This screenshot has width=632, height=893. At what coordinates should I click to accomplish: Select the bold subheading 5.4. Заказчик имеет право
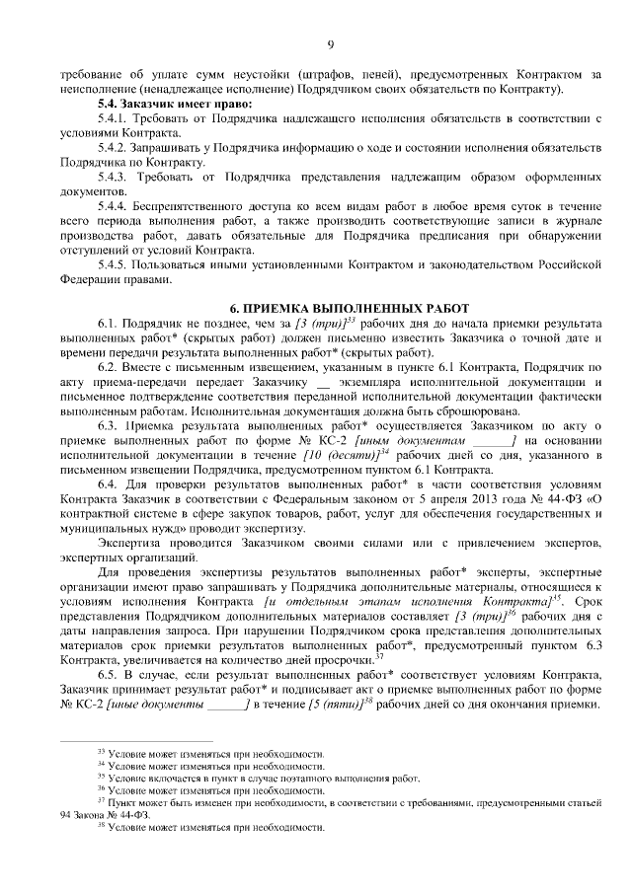(172, 103)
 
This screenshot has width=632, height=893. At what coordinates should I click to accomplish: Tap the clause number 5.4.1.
(116, 117)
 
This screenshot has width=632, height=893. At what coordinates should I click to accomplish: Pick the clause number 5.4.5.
(116, 263)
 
